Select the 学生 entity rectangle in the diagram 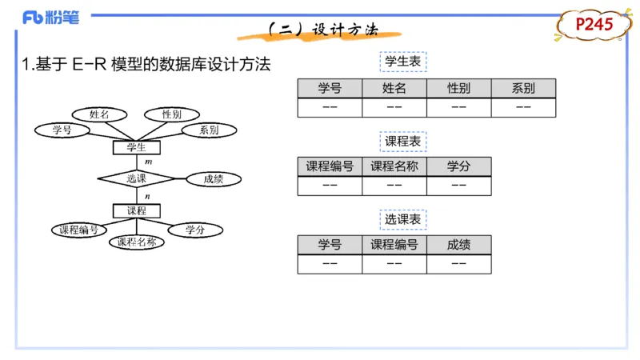click(x=136, y=147)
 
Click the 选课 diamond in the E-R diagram click(x=136, y=179)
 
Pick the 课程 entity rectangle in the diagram click(x=136, y=210)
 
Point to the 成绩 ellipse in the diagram click(x=214, y=179)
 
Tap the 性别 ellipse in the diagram click(x=171, y=114)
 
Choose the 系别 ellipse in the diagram click(x=209, y=130)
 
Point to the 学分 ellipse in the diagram click(x=195, y=230)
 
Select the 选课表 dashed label click(x=403, y=218)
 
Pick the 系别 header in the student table click(x=523, y=89)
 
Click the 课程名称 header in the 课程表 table click(x=394, y=166)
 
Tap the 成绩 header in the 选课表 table click(x=458, y=245)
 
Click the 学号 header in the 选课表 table click(x=329, y=245)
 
